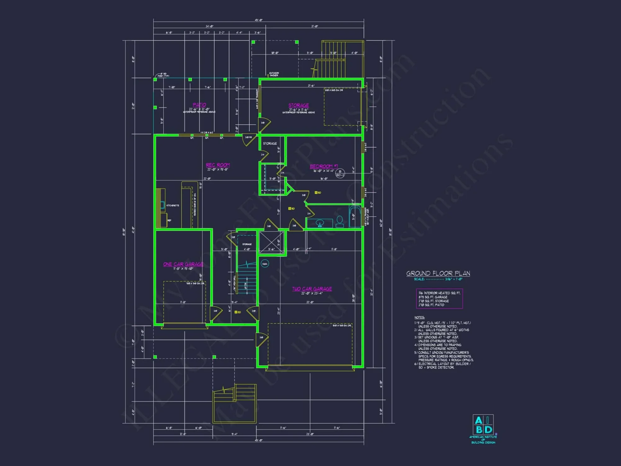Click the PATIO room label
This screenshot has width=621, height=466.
[199, 105]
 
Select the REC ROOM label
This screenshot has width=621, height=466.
[218, 165]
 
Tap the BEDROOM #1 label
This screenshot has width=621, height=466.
[324, 166]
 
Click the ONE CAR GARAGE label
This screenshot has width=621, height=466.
[183, 264]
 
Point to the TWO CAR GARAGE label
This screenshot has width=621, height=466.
[312, 289]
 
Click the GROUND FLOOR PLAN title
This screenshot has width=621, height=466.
[438, 273]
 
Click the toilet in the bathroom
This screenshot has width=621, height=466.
[340, 221]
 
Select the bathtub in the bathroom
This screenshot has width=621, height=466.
[355, 217]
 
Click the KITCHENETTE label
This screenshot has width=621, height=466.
[173, 205]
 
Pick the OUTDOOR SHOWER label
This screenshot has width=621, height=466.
[274, 74]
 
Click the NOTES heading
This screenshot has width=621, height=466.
[419, 318]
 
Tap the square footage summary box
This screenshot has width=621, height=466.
[439, 299]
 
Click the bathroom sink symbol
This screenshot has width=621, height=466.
[320, 223]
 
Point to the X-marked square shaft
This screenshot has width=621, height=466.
[272, 242]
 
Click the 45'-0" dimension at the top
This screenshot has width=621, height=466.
[259, 20]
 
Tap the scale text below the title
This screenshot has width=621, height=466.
[438, 279]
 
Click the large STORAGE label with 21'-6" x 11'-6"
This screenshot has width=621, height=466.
[298, 106]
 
